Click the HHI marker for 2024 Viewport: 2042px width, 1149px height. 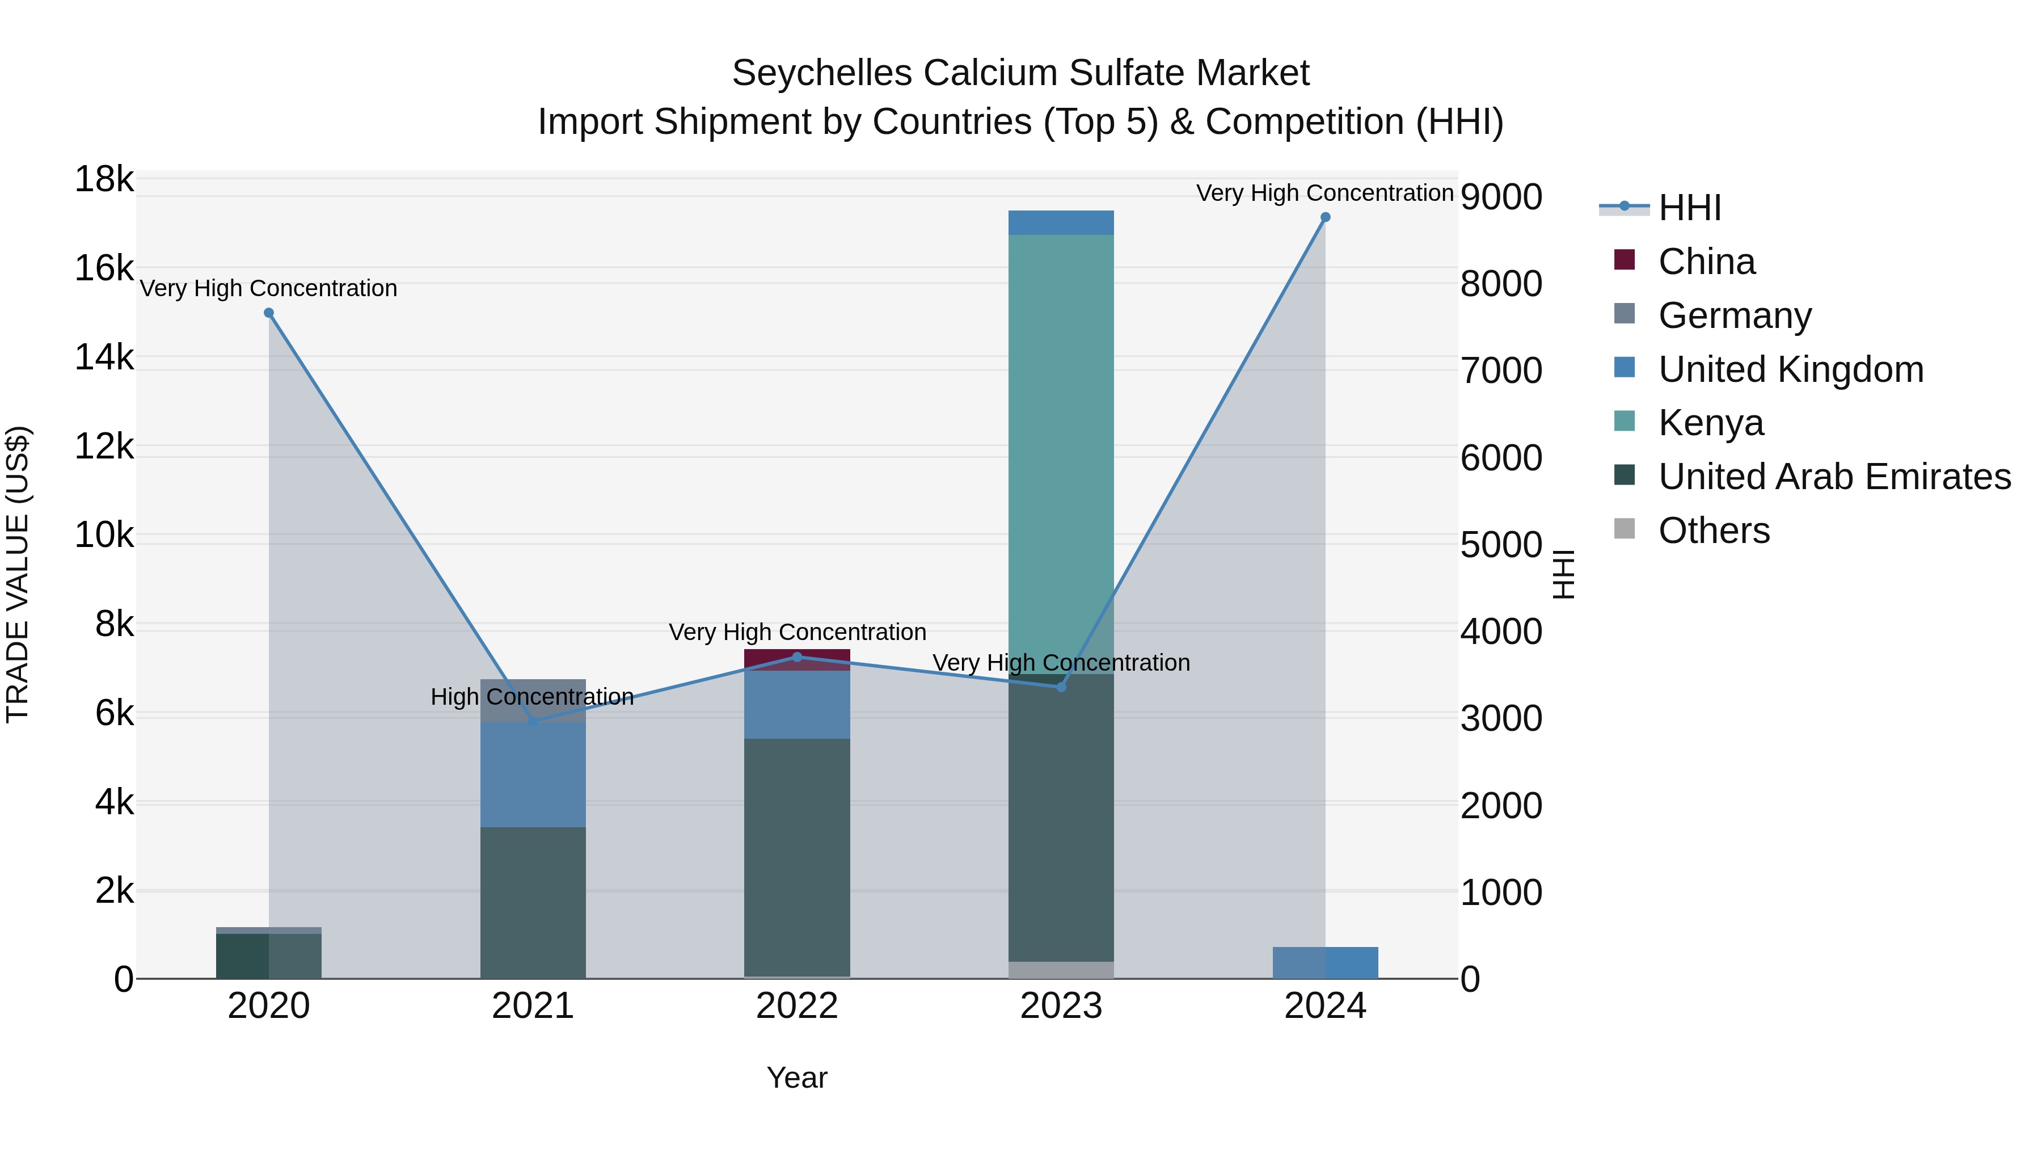(1324, 217)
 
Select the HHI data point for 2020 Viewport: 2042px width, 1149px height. (269, 313)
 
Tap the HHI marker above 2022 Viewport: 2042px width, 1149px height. (798, 656)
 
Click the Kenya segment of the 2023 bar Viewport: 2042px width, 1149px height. (1061, 452)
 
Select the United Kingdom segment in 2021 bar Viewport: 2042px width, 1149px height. (533, 774)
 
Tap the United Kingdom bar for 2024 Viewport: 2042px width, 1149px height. (1324, 963)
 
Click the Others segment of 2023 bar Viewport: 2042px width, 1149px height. (1061, 970)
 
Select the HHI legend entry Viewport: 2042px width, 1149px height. (1689, 208)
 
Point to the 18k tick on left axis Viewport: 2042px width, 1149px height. (104, 179)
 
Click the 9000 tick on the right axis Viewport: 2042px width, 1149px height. (1500, 197)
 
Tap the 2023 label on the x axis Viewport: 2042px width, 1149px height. (1061, 1006)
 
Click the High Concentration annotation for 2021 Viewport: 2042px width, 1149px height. (532, 697)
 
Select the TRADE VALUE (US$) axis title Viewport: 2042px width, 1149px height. (18, 574)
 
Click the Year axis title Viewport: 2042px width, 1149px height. (797, 1078)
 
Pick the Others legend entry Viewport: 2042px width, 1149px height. (1713, 531)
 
